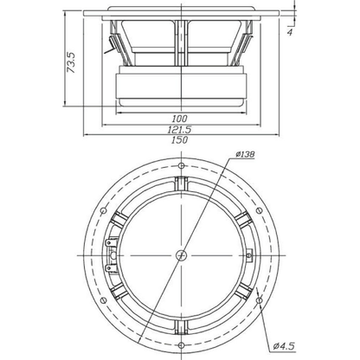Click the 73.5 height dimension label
71,62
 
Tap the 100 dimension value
179,119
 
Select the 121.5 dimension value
179,130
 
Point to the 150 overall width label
179,140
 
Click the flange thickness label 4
290,32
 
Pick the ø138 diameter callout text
245,154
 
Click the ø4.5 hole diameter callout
285,345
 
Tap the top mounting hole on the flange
181,166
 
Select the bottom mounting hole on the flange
181,345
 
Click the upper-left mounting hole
103,211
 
